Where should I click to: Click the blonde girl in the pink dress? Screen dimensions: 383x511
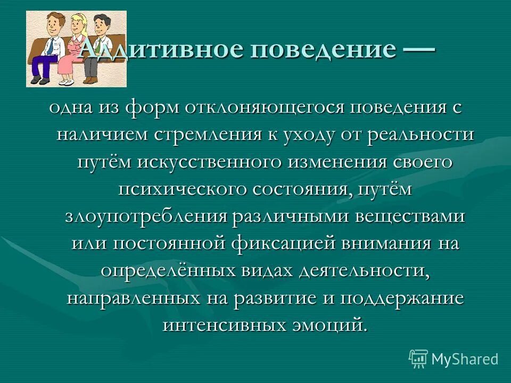[70, 51]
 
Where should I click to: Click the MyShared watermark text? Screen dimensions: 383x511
[465, 359]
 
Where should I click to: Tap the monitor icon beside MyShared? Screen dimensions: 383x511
[418, 359]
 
